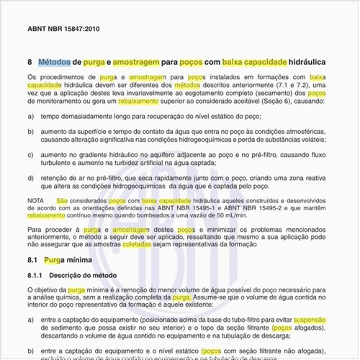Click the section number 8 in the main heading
tap(30, 63)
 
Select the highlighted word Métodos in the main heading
tap(54, 63)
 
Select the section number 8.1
tap(33, 259)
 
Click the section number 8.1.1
tap(36, 276)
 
